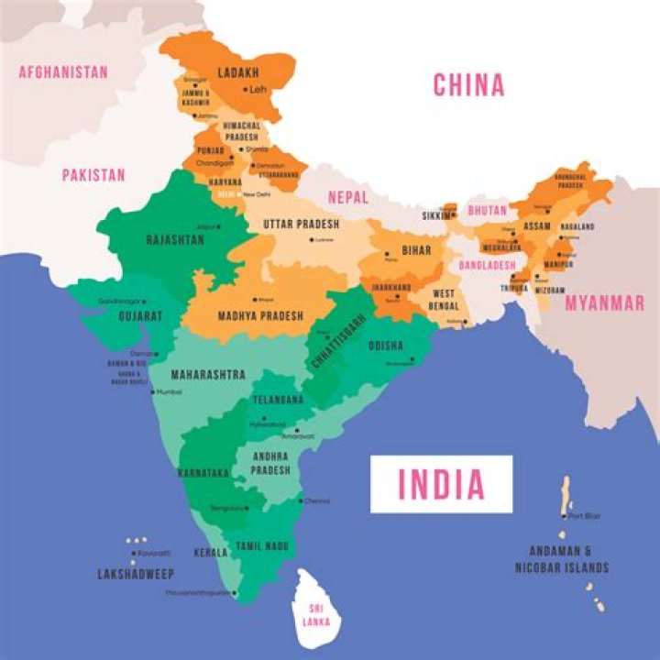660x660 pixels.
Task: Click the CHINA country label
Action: pos(468,85)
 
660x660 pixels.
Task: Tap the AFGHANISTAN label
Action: pos(63,71)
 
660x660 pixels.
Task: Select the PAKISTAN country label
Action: pos(93,174)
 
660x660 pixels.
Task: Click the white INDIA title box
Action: pos(441,483)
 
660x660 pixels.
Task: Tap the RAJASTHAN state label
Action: pos(175,239)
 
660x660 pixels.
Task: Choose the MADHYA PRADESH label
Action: pos(260,315)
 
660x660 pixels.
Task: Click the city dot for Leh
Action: pos(246,90)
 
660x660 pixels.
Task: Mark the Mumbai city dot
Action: pos(154,392)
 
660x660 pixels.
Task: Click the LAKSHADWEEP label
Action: pos(135,574)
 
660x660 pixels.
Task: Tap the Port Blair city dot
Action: pos(564,516)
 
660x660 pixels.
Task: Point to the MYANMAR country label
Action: pos(604,303)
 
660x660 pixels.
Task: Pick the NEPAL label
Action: pos(347,197)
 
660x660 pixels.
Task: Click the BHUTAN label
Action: pos(487,210)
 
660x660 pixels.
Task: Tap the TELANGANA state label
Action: pos(277,401)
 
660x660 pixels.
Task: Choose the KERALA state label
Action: pos(211,553)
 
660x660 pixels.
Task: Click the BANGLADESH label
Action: pos(487,265)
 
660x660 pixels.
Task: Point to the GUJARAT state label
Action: pos(140,315)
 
